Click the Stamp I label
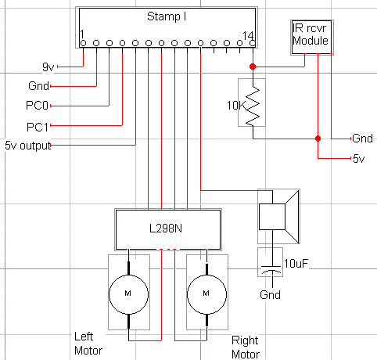coord(167,16)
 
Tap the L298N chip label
coord(166,229)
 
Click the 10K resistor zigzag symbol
coord(253,106)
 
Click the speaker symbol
coord(278,217)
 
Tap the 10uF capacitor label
coord(296,264)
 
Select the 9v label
coord(48,67)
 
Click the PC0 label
coord(37,106)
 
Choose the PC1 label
coord(38,127)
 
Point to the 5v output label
coord(28,146)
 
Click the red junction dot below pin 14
coord(253,67)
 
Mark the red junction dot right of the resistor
coord(318,139)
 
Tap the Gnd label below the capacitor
coord(270,295)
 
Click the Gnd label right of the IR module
coord(362,139)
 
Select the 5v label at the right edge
coord(359,159)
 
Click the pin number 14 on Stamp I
coord(248,35)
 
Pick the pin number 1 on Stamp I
coord(82,34)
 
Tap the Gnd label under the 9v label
coord(38,86)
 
